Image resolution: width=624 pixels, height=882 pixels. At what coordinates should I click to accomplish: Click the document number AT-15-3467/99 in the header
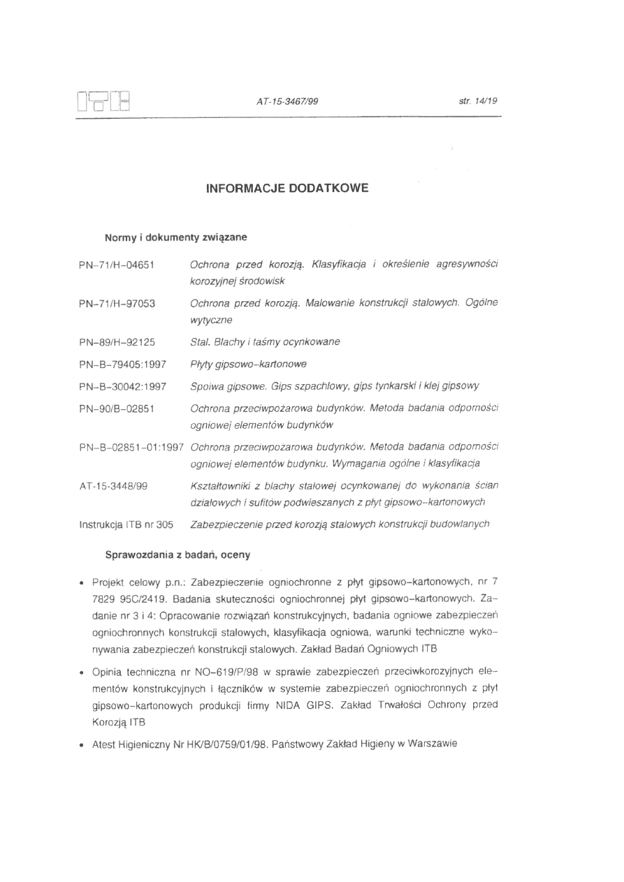[x=287, y=101]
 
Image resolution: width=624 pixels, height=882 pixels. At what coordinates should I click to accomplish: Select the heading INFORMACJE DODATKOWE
[x=286, y=189]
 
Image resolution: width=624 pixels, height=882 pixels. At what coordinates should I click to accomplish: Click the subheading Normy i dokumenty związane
[x=175, y=237]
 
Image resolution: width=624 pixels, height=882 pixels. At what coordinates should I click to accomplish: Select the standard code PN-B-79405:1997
[x=122, y=364]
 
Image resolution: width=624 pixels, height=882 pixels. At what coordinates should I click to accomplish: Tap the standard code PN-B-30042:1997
[x=122, y=385]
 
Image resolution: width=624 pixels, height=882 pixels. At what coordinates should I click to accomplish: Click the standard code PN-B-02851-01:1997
[x=131, y=446]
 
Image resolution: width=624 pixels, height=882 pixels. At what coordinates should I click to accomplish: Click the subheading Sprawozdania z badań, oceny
[x=177, y=554]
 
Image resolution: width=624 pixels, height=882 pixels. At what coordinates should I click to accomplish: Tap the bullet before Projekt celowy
[x=82, y=582]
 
